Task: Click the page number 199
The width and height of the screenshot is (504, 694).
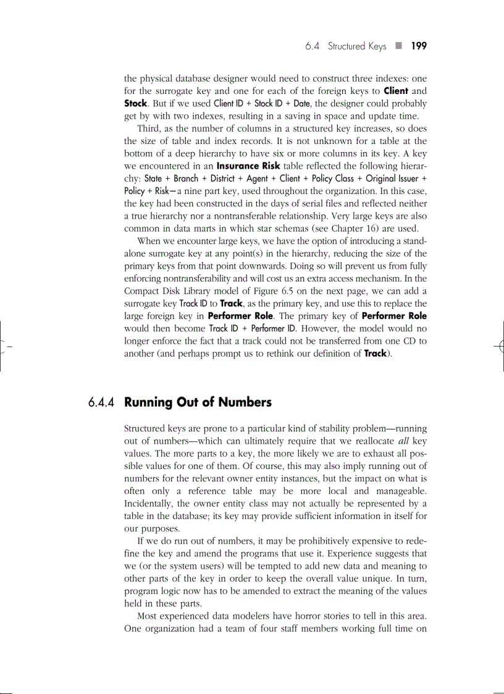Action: (x=419, y=46)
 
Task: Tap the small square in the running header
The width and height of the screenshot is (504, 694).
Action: (x=399, y=46)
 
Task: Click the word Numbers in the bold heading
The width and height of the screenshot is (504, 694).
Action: (x=243, y=402)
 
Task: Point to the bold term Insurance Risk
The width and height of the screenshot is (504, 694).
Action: (x=246, y=166)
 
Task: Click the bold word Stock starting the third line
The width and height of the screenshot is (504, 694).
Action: (x=135, y=103)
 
